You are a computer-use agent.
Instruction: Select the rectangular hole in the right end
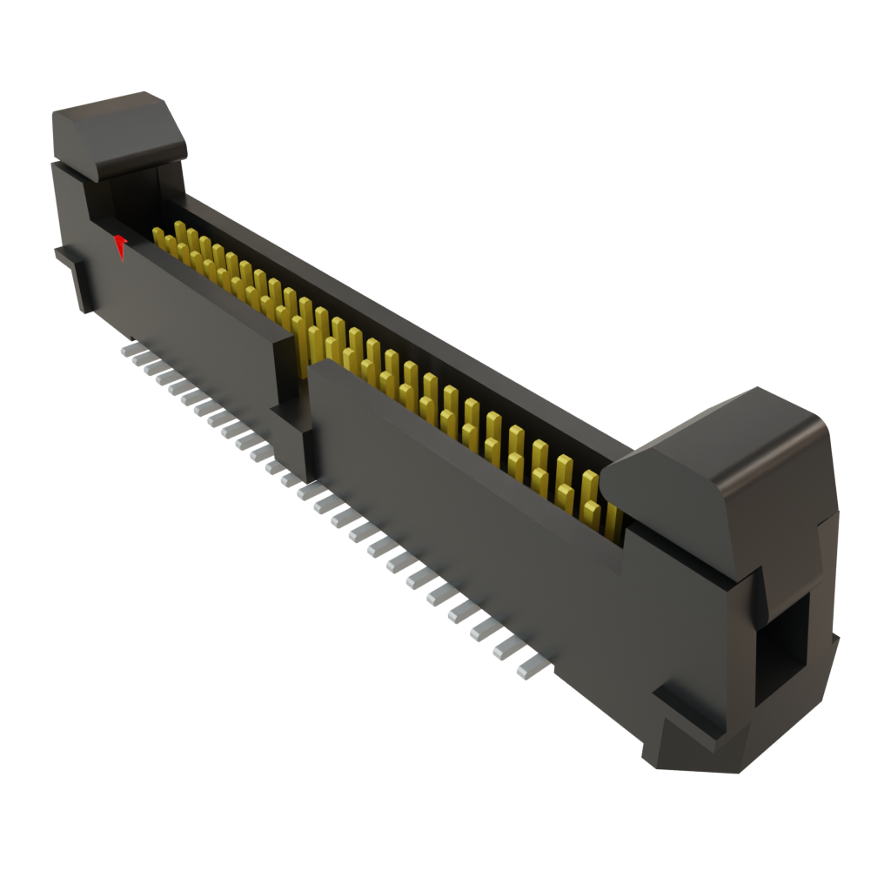click(780, 644)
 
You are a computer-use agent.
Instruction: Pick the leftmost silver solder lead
click(130, 349)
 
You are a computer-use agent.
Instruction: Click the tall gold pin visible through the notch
click(301, 344)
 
